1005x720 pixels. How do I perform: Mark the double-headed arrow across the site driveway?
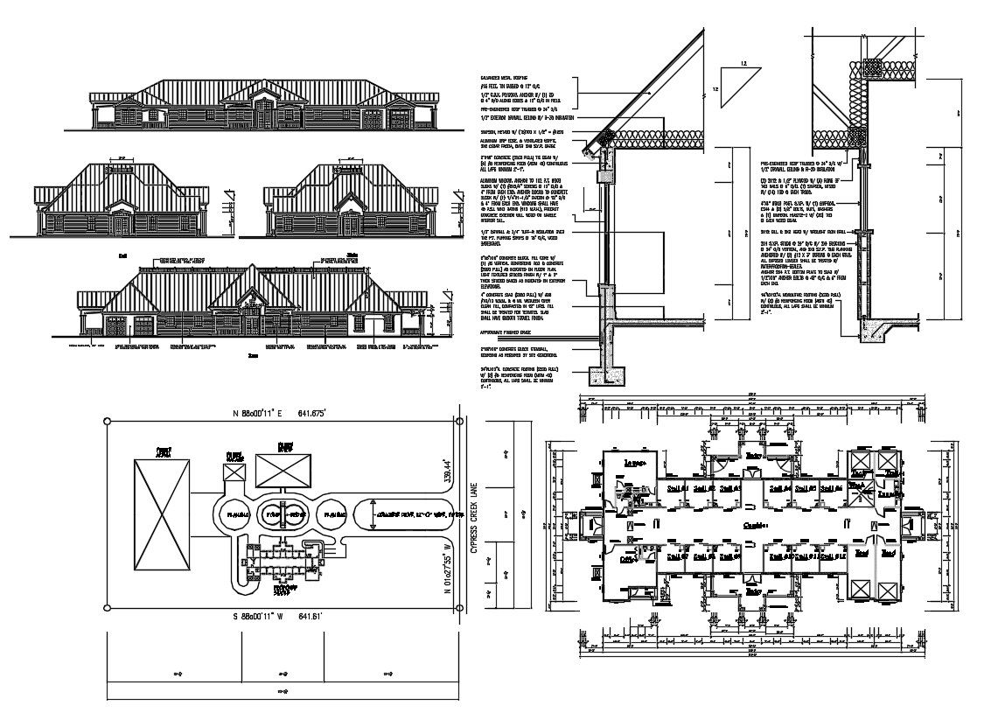point(373,514)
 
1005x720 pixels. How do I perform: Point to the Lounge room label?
point(634,461)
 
